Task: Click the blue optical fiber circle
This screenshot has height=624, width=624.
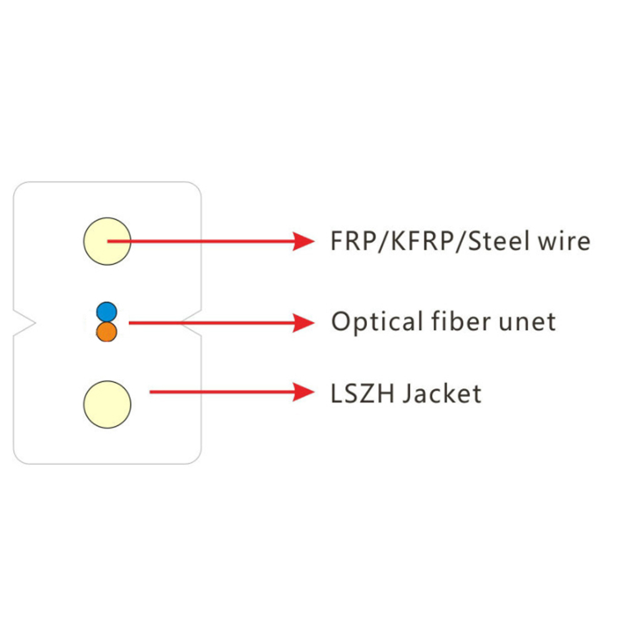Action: pyautogui.click(x=107, y=311)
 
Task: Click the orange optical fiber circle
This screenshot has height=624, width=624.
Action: pyautogui.click(x=107, y=331)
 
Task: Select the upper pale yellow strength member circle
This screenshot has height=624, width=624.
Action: pyautogui.click(x=107, y=241)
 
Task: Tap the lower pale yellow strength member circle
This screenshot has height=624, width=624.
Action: pyautogui.click(x=107, y=404)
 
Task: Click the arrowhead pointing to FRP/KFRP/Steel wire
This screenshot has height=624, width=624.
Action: pyautogui.click(x=305, y=241)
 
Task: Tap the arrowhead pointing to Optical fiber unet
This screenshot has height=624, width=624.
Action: pyautogui.click(x=305, y=323)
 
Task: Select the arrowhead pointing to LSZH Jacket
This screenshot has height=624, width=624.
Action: pyautogui.click(x=305, y=392)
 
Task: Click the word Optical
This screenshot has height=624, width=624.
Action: pyautogui.click(x=368, y=322)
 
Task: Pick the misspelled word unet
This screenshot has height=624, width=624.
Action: pyautogui.click(x=528, y=322)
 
